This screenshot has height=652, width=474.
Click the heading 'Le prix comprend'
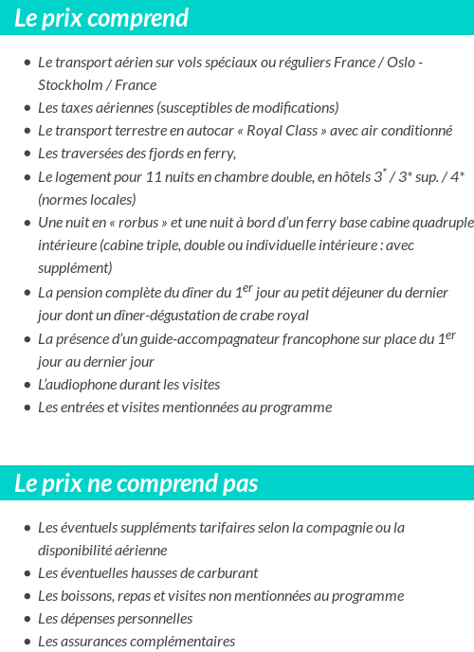[101, 18]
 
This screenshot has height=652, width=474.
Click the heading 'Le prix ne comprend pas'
[137, 483]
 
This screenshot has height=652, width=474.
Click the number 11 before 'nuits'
[155, 177]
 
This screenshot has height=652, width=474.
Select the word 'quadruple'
[441, 224]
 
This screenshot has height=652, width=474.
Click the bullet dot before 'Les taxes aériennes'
[27, 108]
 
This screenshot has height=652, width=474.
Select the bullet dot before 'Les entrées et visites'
[27, 408]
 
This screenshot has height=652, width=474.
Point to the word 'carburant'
[228, 573]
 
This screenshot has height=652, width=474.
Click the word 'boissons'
[88, 596]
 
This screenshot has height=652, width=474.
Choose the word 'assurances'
[98, 642]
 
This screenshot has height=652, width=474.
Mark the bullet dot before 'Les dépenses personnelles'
[27, 620]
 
